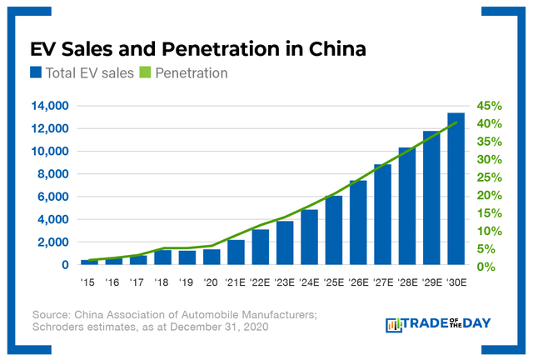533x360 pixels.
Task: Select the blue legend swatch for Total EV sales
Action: (x=37, y=73)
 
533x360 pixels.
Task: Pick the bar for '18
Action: (x=162, y=257)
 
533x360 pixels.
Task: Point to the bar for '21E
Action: (x=236, y=252)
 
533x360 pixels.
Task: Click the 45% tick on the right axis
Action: (x=489, y=106)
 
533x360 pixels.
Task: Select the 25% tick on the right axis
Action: (x=489, y=177)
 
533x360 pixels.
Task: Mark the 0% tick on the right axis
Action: (x=486, y=267)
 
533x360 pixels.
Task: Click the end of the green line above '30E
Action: (x=456, y=122)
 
